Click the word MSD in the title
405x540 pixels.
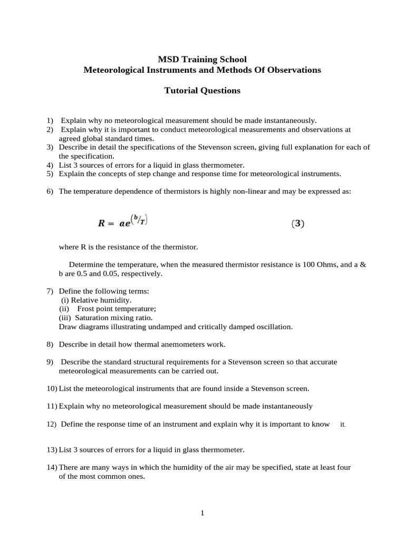(x=168, y=59)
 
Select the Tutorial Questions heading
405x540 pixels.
(x=202, y=91)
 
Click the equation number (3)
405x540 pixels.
(x=297, y=224)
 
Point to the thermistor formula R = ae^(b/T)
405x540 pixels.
(x=122, y=221)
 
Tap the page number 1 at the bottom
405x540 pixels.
(x=202, y=513)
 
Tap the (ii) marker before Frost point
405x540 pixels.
(x=63, y=309)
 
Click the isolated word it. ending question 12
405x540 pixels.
(x=343, y=425)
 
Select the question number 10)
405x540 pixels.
(x=52, y=389)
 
